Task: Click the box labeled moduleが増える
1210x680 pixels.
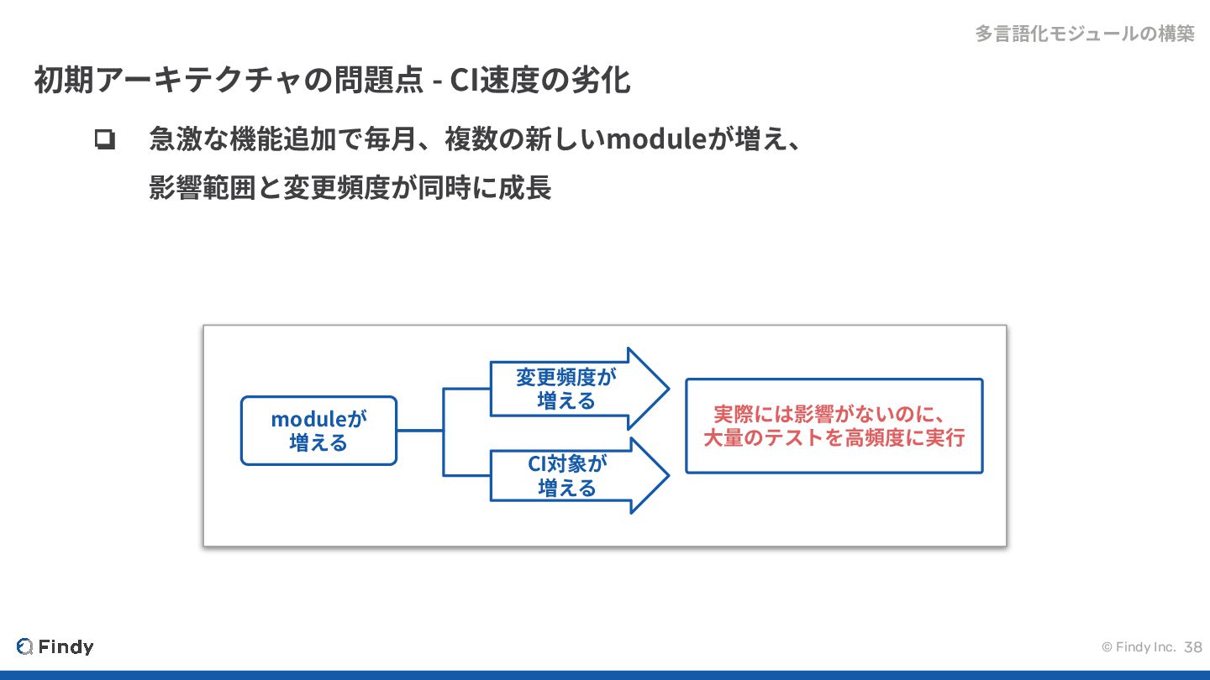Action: point(318,431)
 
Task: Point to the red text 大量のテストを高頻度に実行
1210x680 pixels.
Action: point(834,437)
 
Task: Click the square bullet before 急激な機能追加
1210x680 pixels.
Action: point(105,139)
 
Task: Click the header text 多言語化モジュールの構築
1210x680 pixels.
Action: point(1084,34)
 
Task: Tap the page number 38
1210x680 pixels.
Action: point(1193,647)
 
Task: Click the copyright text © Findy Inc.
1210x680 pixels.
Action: point(1138,647)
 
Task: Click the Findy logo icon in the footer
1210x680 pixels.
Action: point(24,646)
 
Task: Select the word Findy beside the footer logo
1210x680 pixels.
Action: point(66,646)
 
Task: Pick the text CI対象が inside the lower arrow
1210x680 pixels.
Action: point(566,464)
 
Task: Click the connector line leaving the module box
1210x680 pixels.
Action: point(419,431)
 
